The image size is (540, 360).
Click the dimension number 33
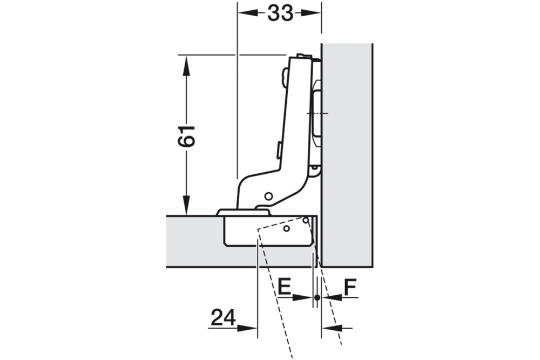click(x=280, y=13)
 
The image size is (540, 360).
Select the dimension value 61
click(x=186, y=136)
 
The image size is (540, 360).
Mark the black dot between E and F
click(x=317, y=298)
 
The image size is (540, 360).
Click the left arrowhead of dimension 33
click(x=248, y=13)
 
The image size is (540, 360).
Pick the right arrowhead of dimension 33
click(x=311, y=13)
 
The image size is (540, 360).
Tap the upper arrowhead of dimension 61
click(x=186, y=66)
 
